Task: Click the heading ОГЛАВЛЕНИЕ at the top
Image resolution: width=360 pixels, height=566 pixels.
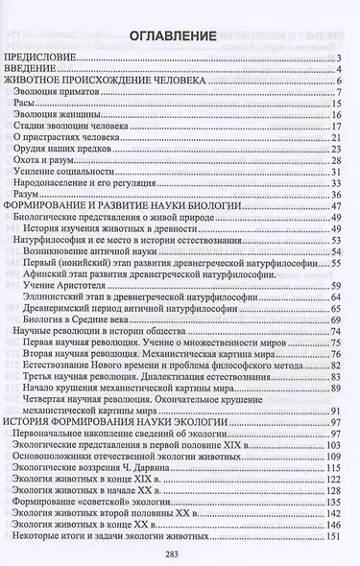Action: tap(177, 36)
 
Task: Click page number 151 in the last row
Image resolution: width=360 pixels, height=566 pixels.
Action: tap(336, 534)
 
